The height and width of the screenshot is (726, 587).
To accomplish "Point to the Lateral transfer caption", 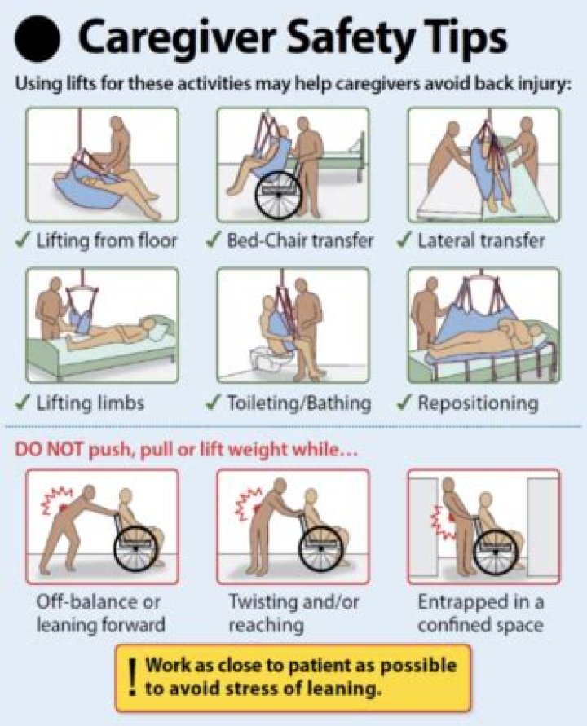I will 481,240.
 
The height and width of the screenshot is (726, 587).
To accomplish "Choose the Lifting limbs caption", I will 90,403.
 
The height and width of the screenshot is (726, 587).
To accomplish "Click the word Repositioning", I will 478,403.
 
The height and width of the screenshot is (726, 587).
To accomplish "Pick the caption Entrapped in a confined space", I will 481,614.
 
